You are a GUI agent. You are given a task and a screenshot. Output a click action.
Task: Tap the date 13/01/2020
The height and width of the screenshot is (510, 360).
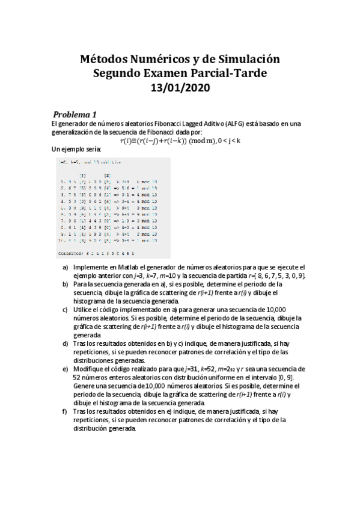180,87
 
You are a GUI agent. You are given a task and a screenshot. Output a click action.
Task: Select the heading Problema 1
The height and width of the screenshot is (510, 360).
75,114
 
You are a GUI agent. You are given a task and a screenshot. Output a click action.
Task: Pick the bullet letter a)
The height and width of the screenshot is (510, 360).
66,266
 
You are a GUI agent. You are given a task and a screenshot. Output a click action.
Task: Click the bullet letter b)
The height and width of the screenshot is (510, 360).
66,283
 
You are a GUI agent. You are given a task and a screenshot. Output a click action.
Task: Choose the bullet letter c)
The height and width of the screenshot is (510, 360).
66,309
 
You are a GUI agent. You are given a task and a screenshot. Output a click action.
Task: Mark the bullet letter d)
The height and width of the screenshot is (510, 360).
66,343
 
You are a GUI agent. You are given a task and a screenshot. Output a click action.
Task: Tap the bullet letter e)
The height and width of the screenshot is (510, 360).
66,368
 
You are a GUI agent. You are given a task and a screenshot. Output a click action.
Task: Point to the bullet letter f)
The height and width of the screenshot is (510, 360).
66,411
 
